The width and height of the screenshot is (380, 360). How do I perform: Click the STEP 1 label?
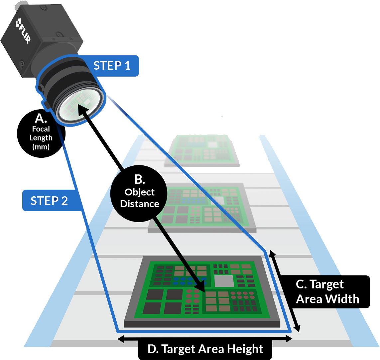112,65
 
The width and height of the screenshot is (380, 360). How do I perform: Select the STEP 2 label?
49,201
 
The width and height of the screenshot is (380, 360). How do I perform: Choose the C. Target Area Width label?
327,292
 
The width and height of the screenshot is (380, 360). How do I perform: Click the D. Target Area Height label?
205,349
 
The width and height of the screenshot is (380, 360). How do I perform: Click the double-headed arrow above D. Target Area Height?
205,338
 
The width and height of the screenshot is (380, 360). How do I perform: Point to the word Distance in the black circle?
140,204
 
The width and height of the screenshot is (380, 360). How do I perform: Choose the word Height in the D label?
245,349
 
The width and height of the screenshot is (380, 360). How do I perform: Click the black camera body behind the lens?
40,40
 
